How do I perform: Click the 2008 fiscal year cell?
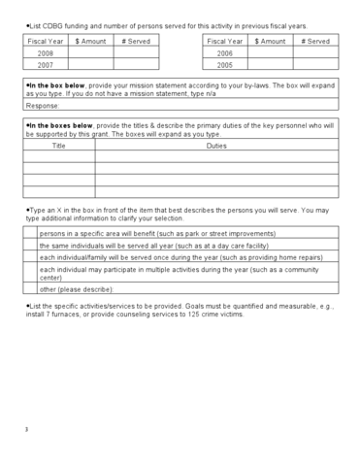tap(45, 54)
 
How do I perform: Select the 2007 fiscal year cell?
tap(45, 66)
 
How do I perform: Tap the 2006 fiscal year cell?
tap(225, 54)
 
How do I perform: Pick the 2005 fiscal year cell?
tap(225, 66)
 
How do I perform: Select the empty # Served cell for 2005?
tap(315, 66)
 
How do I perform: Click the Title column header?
tap(58, 145)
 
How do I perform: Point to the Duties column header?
tap(216, 145)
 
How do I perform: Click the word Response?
tap(42, 105)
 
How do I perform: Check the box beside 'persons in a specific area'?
tap(29, 233)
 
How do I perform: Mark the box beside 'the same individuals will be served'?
tap(29, 245)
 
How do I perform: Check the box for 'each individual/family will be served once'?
tap(29, 257)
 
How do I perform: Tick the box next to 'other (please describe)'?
tap(29, 289)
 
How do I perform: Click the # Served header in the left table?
tap(136, 42)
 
